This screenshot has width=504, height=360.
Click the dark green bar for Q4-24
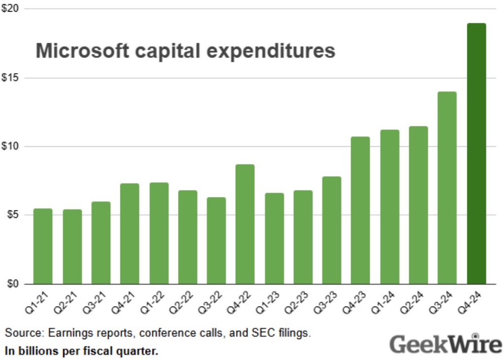(476, 153)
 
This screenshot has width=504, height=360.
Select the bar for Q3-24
(447, 188)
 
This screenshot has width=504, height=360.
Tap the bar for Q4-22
(245, 224)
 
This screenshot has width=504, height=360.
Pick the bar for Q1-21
(43, 246)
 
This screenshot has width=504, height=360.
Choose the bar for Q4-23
(360, 210)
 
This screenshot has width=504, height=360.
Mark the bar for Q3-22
(216, 241)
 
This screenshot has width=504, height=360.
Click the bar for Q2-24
(418, 205)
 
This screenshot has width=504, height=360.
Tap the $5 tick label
(11, 215)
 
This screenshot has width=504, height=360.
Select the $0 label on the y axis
(11, 284)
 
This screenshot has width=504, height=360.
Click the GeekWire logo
(444, 344)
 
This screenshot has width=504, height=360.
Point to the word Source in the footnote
(19, 333)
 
